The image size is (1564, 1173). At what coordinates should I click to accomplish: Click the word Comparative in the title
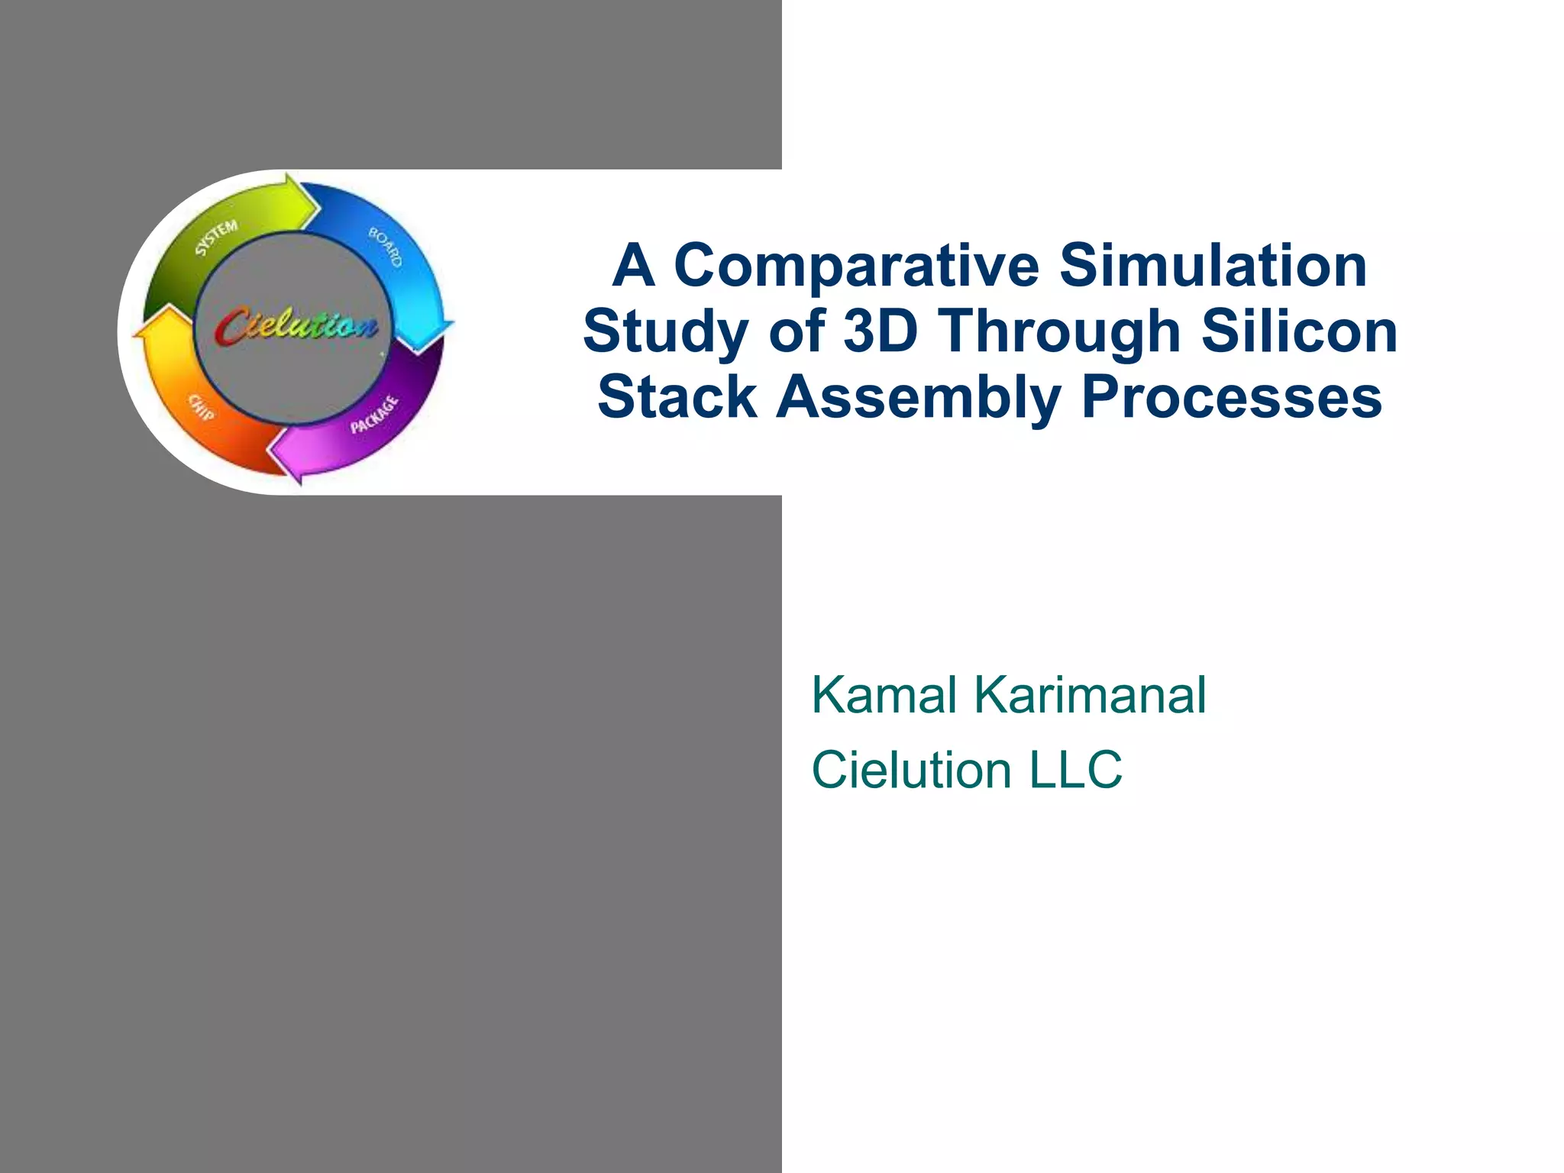[856, 267]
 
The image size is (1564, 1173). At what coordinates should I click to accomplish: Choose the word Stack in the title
[677, 397]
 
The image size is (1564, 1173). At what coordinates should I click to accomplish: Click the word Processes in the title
[1231, 397]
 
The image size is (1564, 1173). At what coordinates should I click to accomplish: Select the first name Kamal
[884, 695]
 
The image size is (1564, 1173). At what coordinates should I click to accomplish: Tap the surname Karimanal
[1090, 695]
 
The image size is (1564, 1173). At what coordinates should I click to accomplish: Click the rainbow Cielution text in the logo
[296, 327]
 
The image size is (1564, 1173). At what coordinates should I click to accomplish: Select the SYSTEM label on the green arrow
[216, 238]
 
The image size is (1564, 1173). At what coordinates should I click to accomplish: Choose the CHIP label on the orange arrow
[201, 408]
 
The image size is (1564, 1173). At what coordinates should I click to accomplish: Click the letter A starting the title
[634, 267]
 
